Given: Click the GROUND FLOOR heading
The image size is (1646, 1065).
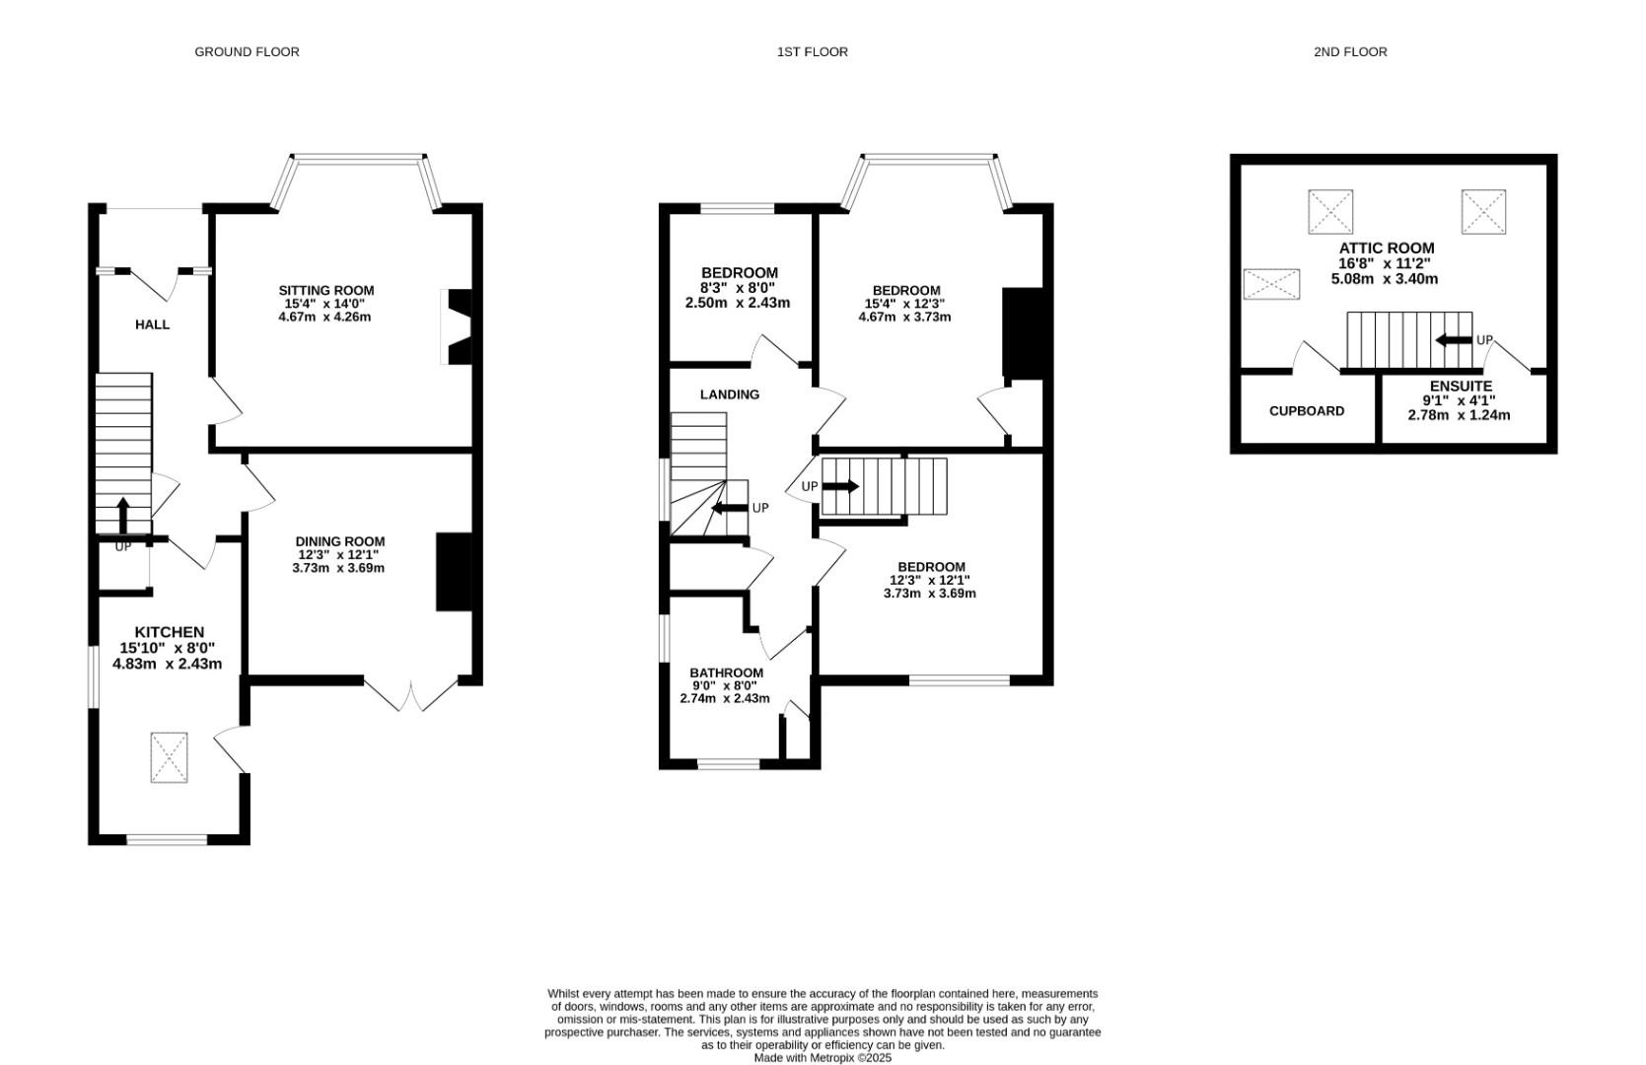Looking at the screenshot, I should point(247,51).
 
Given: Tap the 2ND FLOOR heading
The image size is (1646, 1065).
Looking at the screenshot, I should point(1350,51).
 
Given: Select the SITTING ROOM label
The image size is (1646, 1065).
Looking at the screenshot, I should point(325,290).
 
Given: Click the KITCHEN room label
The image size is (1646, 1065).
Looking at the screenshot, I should point(169,632).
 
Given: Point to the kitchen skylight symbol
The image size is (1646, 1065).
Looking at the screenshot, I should point(169,757).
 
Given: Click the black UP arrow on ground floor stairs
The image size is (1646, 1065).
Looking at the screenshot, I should point(123,514).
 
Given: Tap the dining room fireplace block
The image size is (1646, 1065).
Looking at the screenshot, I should point(454,573).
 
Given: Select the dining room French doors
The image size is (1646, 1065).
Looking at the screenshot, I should point(411,692).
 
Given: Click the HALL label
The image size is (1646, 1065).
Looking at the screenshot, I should point(152,324).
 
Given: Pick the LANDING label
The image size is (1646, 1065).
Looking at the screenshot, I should point(729,394).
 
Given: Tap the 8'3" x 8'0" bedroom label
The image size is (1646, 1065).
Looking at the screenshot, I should point(738,288).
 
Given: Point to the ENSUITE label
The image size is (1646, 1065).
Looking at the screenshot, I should point(1461,386).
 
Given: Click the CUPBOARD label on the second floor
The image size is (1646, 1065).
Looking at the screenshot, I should point(1306,411).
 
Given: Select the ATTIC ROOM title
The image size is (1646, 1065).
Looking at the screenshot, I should point(1386,248).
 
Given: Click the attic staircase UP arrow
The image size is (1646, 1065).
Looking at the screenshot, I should point(1454,340).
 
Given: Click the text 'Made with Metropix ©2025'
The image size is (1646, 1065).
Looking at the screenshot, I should point(823,1057).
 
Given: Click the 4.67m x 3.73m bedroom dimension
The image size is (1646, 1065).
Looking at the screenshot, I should point(904,317).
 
